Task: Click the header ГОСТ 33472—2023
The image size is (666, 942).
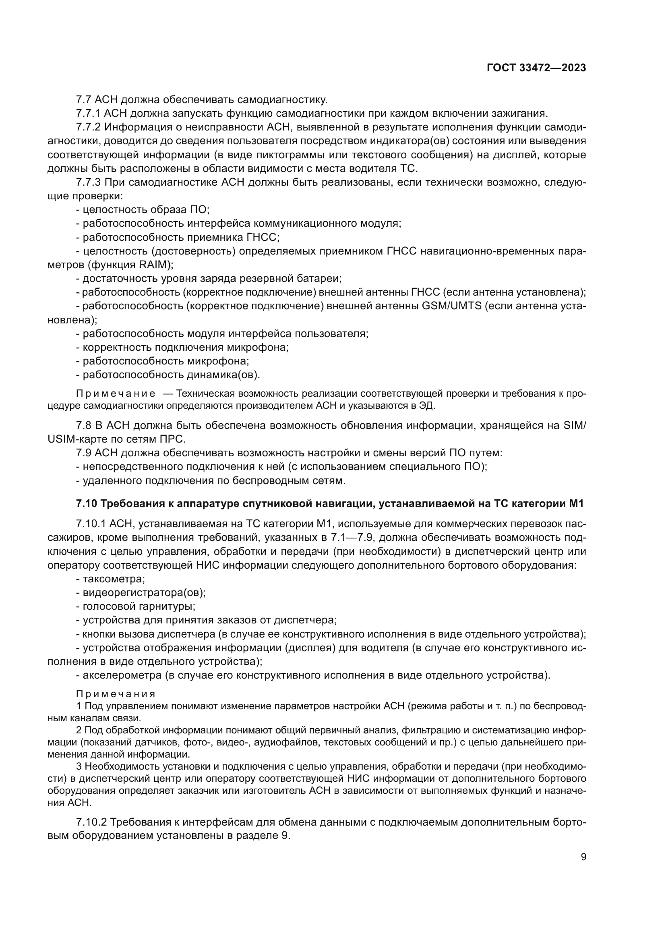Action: (536, 68)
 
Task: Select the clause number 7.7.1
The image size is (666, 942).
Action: (89, 113)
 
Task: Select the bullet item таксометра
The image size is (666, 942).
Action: (114, 579)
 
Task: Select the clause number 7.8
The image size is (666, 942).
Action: (84, 425)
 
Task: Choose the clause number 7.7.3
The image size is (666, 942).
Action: (89, 182)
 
